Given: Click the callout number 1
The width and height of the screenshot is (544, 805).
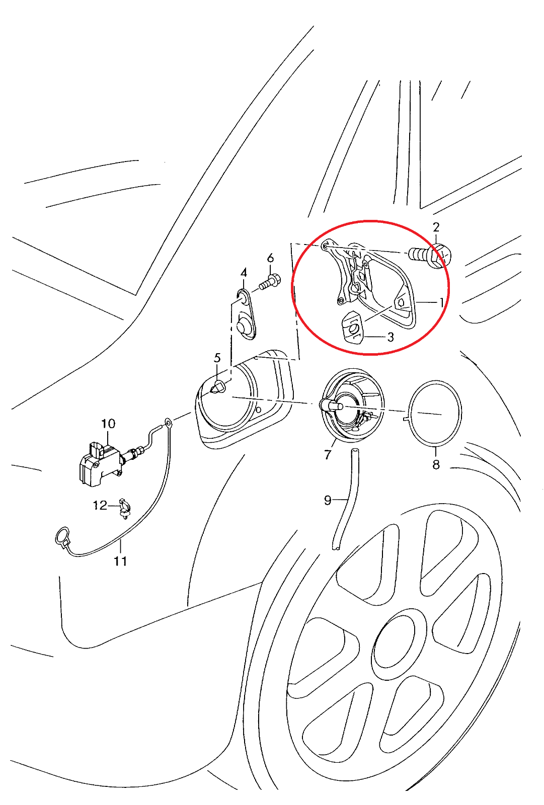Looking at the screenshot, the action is coord(441,302).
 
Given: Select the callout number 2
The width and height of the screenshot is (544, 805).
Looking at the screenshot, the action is coord(436,227).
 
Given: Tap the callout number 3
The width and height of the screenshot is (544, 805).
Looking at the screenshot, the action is coord(390,337).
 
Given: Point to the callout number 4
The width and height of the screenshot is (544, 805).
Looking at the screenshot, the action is coord(244,272).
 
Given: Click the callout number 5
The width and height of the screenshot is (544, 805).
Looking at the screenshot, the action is coord(217,358).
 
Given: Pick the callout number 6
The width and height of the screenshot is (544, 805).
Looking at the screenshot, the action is coord(270,258).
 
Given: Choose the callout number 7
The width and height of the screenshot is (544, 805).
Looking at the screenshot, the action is coord(327,455).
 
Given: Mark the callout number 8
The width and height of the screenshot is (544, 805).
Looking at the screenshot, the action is coord(436,465).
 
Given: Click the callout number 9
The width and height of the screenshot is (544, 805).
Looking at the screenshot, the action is coord(327,500).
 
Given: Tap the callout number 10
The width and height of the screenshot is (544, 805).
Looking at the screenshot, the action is coord(108,424).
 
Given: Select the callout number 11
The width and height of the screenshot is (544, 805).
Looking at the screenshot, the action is coord(120,561).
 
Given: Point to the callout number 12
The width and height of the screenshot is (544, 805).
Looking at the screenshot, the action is coord(100,505).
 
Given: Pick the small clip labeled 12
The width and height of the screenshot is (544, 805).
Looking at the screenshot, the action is coord(124,508).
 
